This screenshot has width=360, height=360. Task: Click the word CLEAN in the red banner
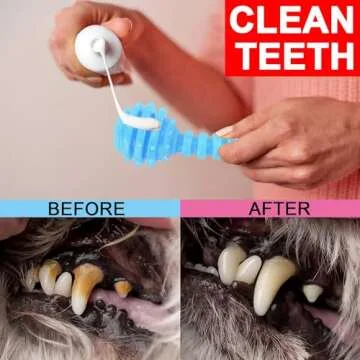coord(291,19)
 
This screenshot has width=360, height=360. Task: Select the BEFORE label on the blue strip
coord(86,209)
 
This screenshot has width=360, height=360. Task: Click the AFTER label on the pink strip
coord(279,209)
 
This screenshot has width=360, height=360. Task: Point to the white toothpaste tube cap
coord(99,49)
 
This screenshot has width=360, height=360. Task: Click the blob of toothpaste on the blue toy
coord(141,122)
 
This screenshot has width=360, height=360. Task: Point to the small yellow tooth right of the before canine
coord(123,288)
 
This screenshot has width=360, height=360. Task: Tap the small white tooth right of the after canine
coord(313,293)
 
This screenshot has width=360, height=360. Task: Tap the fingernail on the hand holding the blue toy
coord(225,131)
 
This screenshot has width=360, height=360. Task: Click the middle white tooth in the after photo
coord(248,269)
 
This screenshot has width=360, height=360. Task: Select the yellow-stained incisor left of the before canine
coord(63,284)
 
